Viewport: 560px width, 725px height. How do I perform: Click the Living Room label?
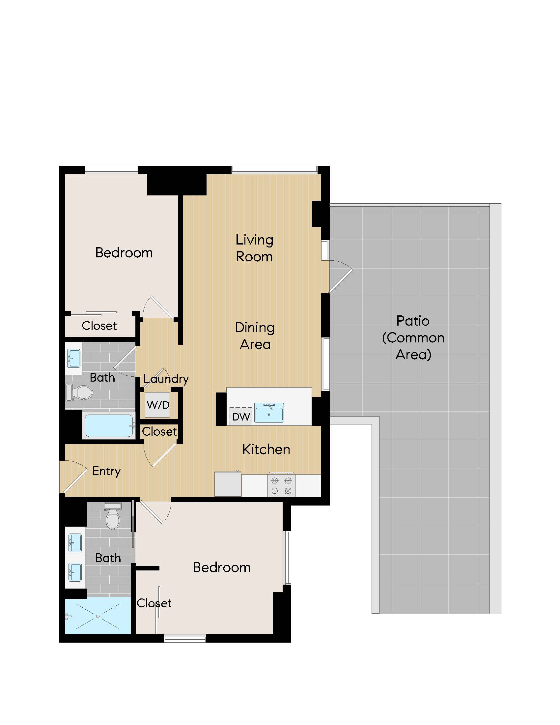coord(254,248)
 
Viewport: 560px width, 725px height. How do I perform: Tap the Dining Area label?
coord(255,335)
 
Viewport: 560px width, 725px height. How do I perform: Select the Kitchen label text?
coord(266,449)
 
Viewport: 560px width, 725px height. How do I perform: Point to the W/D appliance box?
coord(158,405)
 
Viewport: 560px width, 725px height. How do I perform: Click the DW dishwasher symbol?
coord(241,417)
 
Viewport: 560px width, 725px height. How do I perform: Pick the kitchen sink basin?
coord(269,413)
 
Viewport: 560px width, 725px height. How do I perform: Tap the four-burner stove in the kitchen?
coord(281,485)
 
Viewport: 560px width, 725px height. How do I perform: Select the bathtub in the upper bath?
coord(109,426)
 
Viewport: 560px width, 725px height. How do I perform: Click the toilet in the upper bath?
coord(81,392)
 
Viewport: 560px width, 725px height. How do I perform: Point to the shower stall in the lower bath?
coord(98,616)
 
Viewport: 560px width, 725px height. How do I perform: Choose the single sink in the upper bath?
coord(74,359)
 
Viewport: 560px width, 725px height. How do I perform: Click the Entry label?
coord(106,471)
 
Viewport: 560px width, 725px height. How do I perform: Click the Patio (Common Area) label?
coord(413,337)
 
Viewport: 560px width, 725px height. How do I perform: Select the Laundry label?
coord(166,379)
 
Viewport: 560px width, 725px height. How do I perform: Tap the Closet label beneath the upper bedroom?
coord(99,326)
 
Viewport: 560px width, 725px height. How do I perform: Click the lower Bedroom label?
coord(222,568)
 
